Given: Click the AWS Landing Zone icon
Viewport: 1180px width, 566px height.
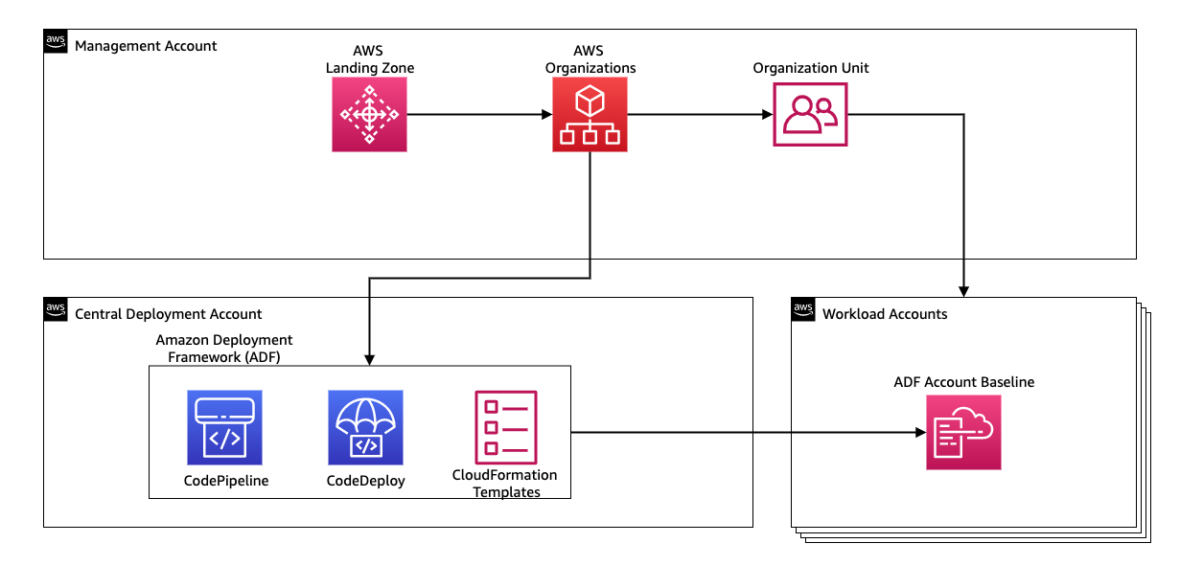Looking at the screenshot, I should (370, 115).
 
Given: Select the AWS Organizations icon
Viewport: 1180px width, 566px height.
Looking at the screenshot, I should (590, 115).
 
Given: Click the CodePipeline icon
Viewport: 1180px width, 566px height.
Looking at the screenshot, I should (225, 427).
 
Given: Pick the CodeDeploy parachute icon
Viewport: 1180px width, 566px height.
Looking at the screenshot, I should (365, 427).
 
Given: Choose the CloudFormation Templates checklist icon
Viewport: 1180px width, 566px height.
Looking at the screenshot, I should (505, 427).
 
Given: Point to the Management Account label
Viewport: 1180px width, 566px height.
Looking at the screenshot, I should (146, 46).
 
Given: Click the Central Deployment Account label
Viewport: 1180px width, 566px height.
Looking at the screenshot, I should (168, 314).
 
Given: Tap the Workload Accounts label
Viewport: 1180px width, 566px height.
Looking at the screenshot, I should (885, 314).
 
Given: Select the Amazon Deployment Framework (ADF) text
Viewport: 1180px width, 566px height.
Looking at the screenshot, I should (224, 348).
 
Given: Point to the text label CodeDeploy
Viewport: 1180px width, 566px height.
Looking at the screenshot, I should (365, 481).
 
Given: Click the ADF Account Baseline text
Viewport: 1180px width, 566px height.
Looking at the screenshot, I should (963, 382).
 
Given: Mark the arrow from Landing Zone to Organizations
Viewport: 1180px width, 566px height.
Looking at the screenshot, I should (479, 115).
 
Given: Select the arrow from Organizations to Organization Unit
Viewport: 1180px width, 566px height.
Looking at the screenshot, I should (700, 115).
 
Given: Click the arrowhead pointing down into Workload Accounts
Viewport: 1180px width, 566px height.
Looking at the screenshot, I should (963, 290).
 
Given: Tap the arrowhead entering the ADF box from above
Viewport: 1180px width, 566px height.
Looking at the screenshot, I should (369, 359).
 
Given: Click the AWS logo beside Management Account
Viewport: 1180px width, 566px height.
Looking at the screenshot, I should (56, 41).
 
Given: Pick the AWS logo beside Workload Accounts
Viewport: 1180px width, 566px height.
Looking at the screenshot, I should (803, 309).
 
